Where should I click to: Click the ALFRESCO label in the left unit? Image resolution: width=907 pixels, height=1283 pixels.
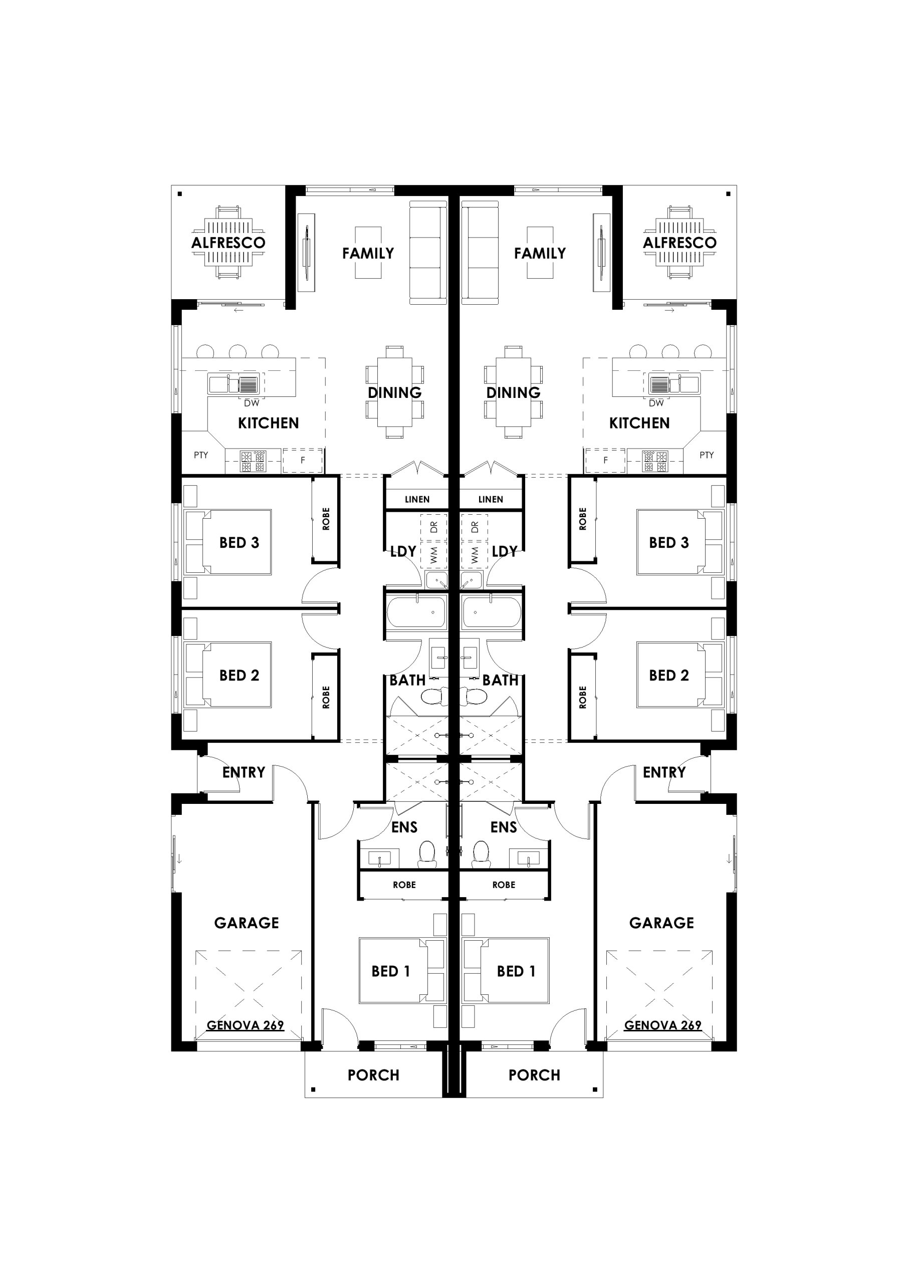pos(228,243)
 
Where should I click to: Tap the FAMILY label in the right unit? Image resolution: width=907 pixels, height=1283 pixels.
pos(540,253)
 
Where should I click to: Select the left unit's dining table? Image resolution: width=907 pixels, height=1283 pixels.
pos(394,392)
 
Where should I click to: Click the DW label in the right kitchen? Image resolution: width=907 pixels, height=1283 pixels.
pos(656,403)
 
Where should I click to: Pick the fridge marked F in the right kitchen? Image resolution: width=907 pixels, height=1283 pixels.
pos(605,461)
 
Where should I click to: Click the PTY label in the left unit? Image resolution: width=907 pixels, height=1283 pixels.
pos(200,455)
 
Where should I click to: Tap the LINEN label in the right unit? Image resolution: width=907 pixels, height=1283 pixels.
pos(490,499)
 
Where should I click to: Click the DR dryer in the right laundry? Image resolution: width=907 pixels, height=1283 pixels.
pos(475,527)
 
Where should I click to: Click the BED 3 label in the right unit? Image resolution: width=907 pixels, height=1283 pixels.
pos(669,543)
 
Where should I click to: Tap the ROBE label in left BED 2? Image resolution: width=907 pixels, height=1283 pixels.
pos(326,697)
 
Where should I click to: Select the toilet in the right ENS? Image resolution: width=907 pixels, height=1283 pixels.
pos(481,854)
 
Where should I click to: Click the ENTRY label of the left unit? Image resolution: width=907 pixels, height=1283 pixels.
pos(244,772)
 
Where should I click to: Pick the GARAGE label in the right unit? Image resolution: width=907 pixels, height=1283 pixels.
pos(661,923)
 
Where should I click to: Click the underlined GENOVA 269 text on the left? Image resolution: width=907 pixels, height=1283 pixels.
pos(246,1025)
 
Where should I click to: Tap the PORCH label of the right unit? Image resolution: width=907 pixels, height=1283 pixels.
pos(534,1075)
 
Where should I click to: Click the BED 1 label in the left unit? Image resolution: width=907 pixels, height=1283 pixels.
pos(391,971)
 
